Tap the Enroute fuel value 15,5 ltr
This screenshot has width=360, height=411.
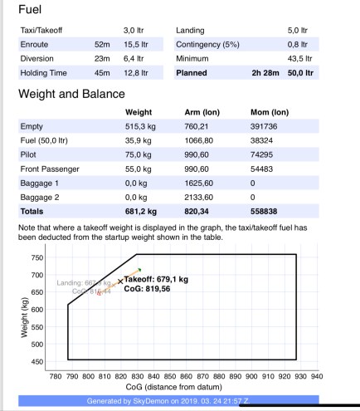click(x=136, y=44)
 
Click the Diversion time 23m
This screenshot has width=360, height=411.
click(x=102, y=58)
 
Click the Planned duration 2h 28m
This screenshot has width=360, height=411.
click(x=264, y=73)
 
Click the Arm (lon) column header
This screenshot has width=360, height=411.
click(x=202, y=112)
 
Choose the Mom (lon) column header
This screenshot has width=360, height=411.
click(x=269, y=112)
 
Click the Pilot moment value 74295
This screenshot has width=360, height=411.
click(x=261, y=154)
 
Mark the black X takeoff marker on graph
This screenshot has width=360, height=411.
click(x=120, y=282)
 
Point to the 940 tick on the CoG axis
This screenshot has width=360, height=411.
click(x=316, y=376)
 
